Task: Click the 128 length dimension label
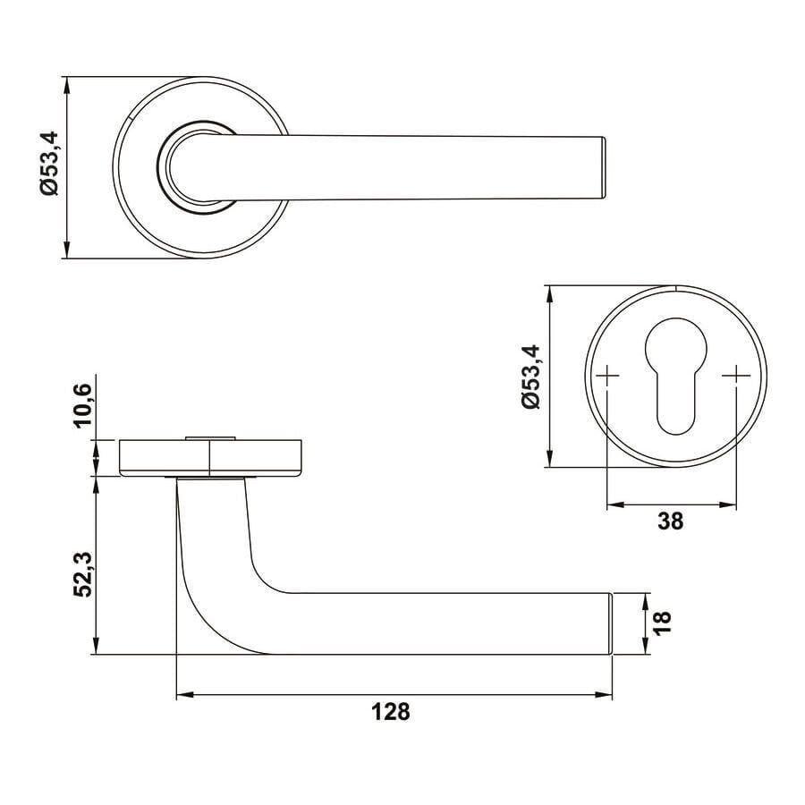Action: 391,712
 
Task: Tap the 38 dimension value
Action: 671,521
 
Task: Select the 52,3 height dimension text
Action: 82,574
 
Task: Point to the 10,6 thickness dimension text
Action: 82,405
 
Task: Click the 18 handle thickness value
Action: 662,623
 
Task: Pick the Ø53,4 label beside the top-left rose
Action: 50,164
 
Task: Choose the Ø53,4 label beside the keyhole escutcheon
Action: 530,377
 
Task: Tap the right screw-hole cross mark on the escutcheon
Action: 736,376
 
